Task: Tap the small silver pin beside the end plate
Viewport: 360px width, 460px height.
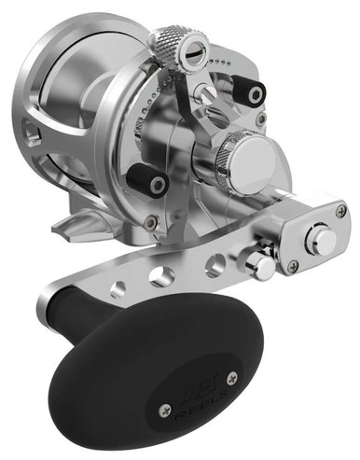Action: [x=264, y=267]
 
